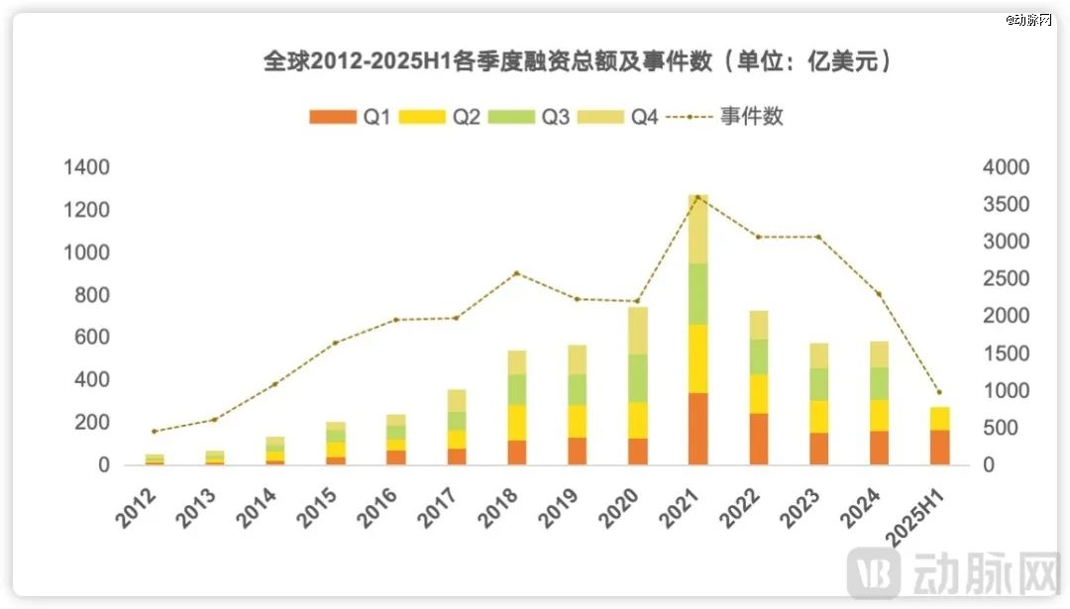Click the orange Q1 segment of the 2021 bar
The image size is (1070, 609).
click(x=698, y=429)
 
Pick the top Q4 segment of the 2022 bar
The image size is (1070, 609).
click(x=759, y=325)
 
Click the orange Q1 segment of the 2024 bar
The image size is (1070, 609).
click(x=879, y=448)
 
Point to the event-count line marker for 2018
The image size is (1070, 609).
click(x=516, y=273)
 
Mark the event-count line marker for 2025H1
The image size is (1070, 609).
click(x=939, y=392)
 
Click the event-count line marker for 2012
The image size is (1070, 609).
click(x=154, y=431)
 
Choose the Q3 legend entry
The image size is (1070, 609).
click(x=540, y=117)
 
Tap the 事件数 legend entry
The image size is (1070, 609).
click(x=728, y=117)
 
